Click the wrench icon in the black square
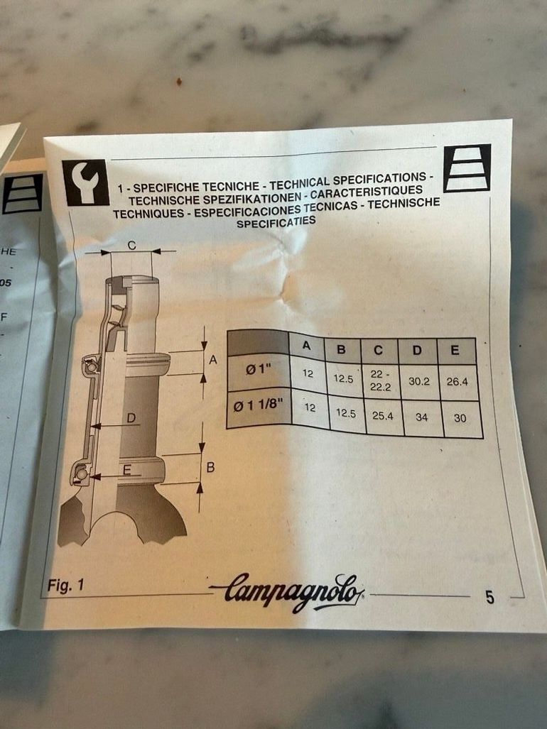pos(85,182)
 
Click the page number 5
pos(489,597)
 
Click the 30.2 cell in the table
pos(418,381)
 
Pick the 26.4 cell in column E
pos(457,382)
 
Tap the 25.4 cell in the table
pos(382,416)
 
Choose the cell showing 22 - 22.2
pos(380,380)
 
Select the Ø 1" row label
pos(259,371)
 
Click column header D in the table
pos(417,351)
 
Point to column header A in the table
pos(306,346)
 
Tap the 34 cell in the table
pos(421,417)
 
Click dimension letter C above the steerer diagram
pos(131,246)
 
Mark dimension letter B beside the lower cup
pos(210,467)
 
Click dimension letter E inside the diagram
pos(126,471)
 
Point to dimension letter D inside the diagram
pos(131,418)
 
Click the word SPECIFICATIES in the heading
pos(276,222)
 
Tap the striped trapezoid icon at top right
pos(467,168)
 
